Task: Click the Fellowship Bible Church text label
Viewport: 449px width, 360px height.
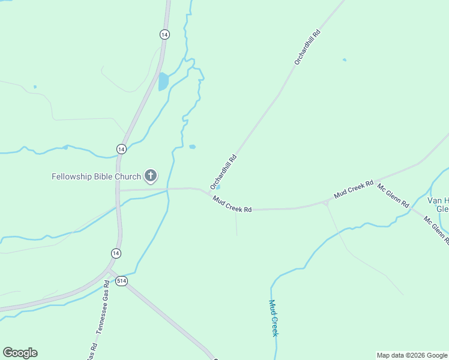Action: pyautogui.click(x=96, y=176)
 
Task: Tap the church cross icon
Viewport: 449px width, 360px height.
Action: pyautogui.click(x=151, y=176)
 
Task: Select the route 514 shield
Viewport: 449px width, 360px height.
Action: pyautogui.click(x=122, y=281)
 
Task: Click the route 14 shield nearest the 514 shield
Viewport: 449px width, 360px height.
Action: pyautogui.click(x=116, y=254)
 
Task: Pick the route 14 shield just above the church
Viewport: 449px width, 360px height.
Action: pyautogui.click(x=121, y=149)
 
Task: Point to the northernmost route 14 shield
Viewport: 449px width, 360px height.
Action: pyautogui.click(x=164, y=34)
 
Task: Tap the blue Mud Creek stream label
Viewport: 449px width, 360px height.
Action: pyautogui.click(x=273, y=318)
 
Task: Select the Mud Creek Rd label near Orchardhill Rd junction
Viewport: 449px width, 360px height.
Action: pyautogui.click(x=232, y=205)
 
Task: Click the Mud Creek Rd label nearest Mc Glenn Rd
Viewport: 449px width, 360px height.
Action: pyautogui.click(x=354, y=190)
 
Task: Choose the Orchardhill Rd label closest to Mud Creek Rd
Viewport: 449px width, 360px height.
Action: pyautogui.click(x=224, y=172)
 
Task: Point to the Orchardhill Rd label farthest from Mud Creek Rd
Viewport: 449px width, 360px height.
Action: pyautogui.click(x=307, y=47)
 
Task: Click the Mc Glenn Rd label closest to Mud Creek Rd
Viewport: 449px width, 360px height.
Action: pyautogui.click(x=393, y=195)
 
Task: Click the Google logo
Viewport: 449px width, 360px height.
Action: pyautogui.click(x=20, y=353)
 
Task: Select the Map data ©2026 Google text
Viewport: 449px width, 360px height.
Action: pyautogui.click(x=412, y=355)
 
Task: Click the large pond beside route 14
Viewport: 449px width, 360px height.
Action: pyautogui.click(x=163, y=81)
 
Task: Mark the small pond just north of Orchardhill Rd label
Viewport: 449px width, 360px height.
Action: pyautogui.click(x=192, y=146)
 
